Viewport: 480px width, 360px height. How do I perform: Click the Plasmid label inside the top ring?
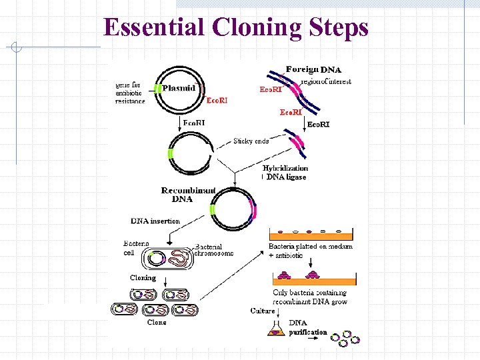(178, 87)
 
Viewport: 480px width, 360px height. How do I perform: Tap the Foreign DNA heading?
(313, 69)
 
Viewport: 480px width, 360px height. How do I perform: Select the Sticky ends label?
(251, 141)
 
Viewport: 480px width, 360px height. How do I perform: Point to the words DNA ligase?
(286, 177)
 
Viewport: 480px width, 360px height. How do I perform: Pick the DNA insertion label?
(155, 221)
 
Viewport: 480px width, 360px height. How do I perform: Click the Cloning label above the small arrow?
(143, 278)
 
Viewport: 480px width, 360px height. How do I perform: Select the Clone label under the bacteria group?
(157, 323)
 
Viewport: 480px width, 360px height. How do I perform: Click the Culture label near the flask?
(263, 311)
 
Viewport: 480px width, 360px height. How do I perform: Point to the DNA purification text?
(307, 327)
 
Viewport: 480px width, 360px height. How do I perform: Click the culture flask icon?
(275, 328)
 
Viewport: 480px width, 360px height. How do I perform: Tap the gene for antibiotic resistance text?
(130, 93)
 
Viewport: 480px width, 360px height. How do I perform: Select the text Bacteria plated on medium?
(311, 246)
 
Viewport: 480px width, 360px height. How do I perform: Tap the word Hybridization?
(285, 169)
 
